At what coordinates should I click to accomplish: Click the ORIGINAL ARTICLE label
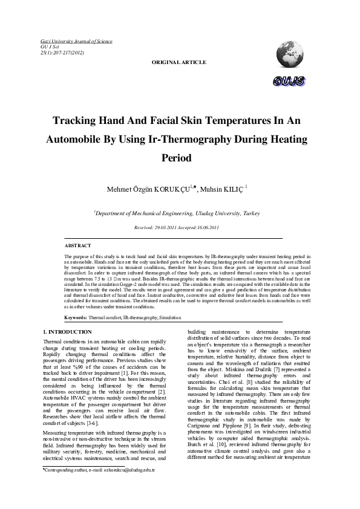tap(178, 62)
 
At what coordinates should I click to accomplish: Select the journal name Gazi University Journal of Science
tap(76, 41)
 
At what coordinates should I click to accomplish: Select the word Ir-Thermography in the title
tap(189, 138)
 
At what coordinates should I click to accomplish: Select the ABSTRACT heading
tap(78, 246)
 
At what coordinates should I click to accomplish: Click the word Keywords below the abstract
tap(76, 317)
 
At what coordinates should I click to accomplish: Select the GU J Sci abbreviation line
tap(50, 47)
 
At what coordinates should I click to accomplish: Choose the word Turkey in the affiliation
tap(251, 213)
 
